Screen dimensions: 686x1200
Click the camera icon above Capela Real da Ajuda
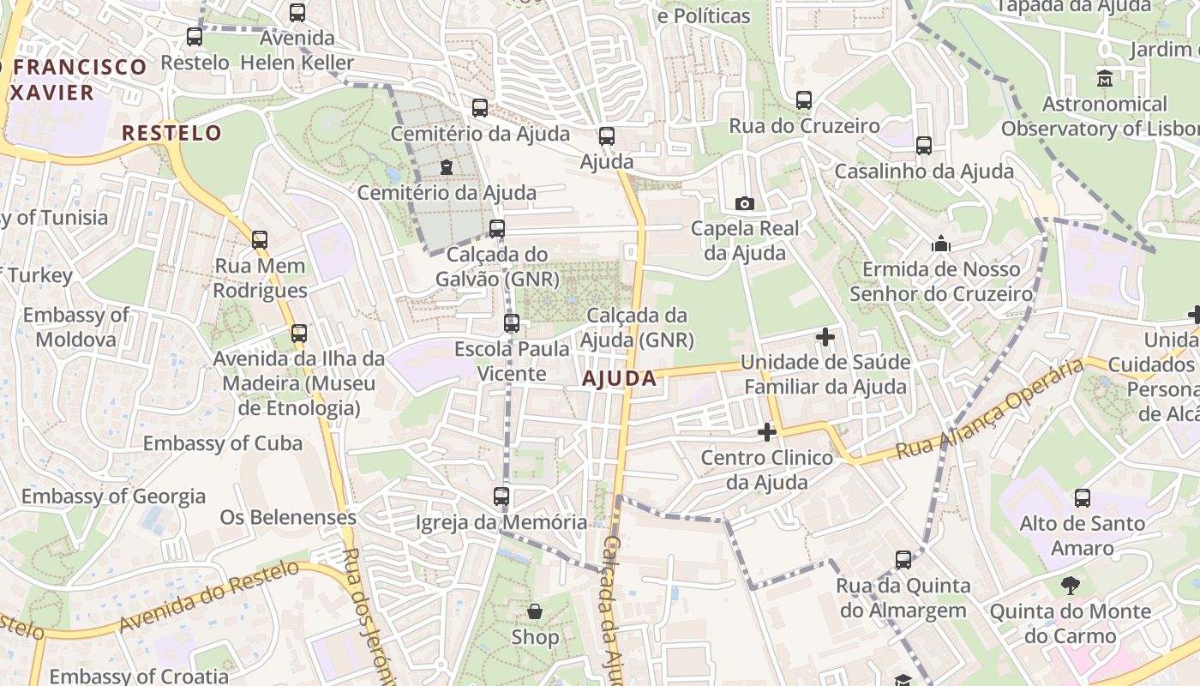[x=745, y=203]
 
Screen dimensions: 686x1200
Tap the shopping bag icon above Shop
[x=535, y=611]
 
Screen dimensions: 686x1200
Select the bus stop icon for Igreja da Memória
[x=501, y=496]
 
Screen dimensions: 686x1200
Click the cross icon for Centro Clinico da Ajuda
[x=767, y=432]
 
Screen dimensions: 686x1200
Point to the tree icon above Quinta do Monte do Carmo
[x=1070, y=586]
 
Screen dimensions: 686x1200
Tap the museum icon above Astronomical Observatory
[x=1105, y=79]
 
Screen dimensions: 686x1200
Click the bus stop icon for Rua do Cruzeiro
[x=803, y=100]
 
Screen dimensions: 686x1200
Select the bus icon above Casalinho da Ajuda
[x=924, y=145]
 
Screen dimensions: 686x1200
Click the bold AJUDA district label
[x=619, y=378]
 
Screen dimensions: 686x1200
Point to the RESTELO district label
[x=171, y=133]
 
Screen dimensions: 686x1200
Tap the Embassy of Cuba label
[x=222, y=443]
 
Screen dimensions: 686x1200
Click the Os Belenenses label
[x=288, y=517]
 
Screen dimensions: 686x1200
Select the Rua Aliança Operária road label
[x=990, y=410]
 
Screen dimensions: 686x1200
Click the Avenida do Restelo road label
[x=210, y=596]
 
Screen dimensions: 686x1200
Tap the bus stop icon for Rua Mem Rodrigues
[x=260, y=240]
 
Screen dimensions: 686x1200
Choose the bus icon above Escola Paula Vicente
[x=512, y=323]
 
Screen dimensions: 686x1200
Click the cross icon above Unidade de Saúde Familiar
[x=825, y=337]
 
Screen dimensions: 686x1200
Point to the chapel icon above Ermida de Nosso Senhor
[x=941, y=244]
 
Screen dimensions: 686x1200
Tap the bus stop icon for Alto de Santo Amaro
[x=1083, y=497]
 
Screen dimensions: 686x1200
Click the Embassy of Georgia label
[x=113, y=496]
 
